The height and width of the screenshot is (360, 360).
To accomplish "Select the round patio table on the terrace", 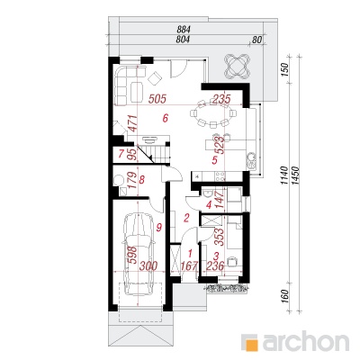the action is (237, 66).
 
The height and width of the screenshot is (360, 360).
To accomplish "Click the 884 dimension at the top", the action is (184, 30).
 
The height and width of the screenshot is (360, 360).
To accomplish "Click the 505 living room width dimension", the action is (157, 99).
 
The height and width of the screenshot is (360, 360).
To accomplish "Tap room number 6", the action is (166, 118).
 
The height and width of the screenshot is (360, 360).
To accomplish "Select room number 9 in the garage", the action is (159, 228).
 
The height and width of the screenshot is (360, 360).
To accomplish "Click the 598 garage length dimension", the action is (132, 255).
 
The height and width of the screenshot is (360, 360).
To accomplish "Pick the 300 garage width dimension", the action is (148, 265).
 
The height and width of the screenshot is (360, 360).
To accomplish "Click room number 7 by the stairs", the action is (121, 154).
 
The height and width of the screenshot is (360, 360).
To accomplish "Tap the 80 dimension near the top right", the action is (257, 40).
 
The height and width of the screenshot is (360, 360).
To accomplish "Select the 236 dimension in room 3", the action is (215, 265).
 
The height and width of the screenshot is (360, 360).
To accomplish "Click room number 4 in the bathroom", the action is (209, 205).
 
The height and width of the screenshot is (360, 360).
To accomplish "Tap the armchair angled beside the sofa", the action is (155, 78).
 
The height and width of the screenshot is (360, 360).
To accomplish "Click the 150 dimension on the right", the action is (286, 69).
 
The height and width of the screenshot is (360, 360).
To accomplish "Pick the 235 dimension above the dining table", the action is (221, 99).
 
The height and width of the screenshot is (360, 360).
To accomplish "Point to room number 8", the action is (142, 180).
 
